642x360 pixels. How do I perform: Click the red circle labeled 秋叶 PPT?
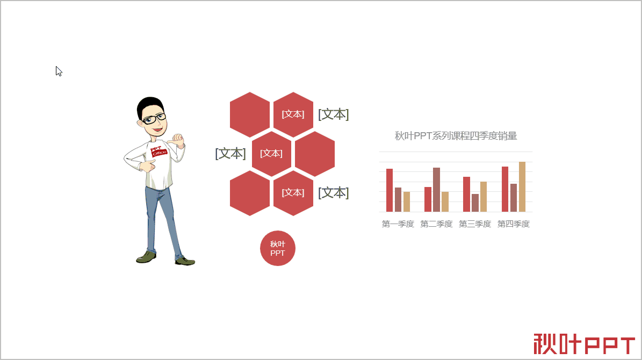[x=278, y=248]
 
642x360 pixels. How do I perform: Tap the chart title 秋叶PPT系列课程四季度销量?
[x=456, y=135]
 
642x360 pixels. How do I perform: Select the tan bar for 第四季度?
[x=522, y=187]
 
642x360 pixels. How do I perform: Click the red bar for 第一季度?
[x=389, y=190]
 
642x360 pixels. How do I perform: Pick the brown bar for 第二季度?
[x=436, y=190]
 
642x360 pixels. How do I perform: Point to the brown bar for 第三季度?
[x=475, y=203]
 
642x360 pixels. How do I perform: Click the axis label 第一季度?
[x=398, y=224]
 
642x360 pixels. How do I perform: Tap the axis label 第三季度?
[x=475, y=224]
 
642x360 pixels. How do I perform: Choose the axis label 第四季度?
[x=514, y=224]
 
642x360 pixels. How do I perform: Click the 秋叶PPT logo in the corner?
[x=585, y=344]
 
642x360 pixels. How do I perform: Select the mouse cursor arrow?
[x=59, y=71]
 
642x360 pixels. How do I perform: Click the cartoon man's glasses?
[x=154, y=120]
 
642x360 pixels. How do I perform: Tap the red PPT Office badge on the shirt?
[x=158, y=151]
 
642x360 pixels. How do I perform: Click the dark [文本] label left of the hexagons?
[x=230, y=154]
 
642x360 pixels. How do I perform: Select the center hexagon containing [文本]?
[x=271, y=154]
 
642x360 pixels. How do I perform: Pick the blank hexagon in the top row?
[x=250, y=114]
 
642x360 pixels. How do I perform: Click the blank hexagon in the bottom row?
[x=250, y=193]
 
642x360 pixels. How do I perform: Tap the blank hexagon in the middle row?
[x=315, y=154]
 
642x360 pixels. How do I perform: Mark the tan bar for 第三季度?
[x=484, y=197]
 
